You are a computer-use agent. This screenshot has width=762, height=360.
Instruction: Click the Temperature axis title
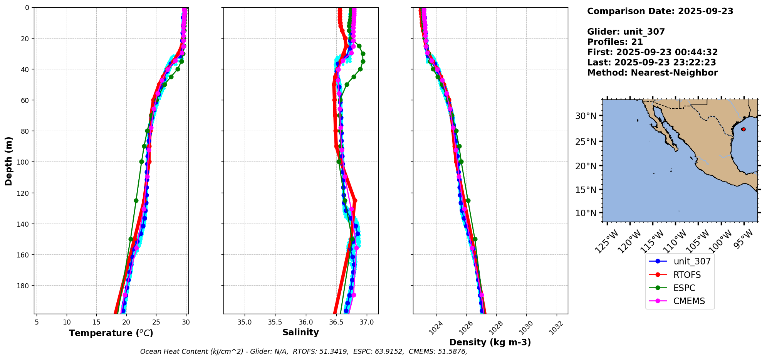(x=111, y=333)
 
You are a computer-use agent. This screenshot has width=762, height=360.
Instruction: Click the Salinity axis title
(x=300, y=332)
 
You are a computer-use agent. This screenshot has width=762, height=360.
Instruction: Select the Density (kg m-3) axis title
(x=490, y=342)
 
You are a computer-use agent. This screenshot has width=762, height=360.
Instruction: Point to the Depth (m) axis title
(x=8, y=161)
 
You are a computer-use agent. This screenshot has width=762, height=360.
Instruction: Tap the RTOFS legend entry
(x=687, y=275)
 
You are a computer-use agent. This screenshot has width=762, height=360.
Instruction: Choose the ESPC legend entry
(x=684, y=288)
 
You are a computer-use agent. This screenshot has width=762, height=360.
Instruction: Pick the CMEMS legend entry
(x=689, y=301)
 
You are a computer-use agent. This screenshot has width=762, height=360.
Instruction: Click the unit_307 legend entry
(x=692, y=261)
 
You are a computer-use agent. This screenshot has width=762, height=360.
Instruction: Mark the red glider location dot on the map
(x=743, y=129)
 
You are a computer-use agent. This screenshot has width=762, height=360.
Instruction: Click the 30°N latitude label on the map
(x=586, y=116)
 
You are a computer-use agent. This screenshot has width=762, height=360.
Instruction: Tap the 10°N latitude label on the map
(x=586, y=213)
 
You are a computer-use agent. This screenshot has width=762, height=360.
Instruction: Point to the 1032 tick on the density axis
(x=556, y=328)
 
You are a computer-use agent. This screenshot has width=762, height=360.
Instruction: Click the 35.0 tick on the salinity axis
(x=245, y=322)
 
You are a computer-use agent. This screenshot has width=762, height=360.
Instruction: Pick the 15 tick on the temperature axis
(x=96, y=322)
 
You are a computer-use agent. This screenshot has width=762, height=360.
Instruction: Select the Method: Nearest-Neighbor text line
(x=652, y=73)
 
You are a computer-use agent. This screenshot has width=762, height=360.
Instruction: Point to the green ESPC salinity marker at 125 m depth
(x=345, y=200)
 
